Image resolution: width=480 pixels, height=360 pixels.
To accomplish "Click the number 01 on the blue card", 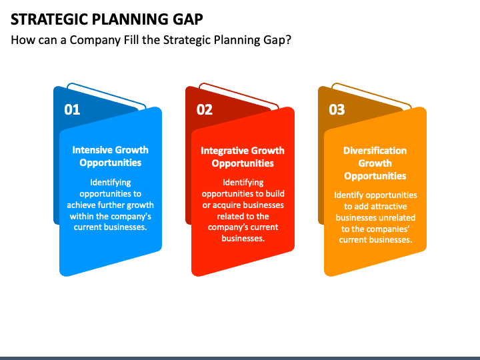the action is (x=72, y=109).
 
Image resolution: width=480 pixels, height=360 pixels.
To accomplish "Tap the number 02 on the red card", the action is (x=205, y=109).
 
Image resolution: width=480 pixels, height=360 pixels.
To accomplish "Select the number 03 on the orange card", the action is (x=337, y=109).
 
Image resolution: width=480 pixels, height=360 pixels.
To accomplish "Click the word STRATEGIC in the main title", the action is (x=49, y=19).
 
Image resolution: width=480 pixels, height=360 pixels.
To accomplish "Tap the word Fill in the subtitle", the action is (x=131, y=40).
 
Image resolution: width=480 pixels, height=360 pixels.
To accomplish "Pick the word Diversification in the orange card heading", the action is (x=375, y=151).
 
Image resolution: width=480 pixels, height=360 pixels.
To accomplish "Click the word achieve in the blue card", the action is (x=79, y=205).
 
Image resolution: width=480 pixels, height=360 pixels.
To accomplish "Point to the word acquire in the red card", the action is (x=225, y=205).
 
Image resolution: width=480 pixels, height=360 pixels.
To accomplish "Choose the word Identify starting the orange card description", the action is (x=349, y=195).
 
